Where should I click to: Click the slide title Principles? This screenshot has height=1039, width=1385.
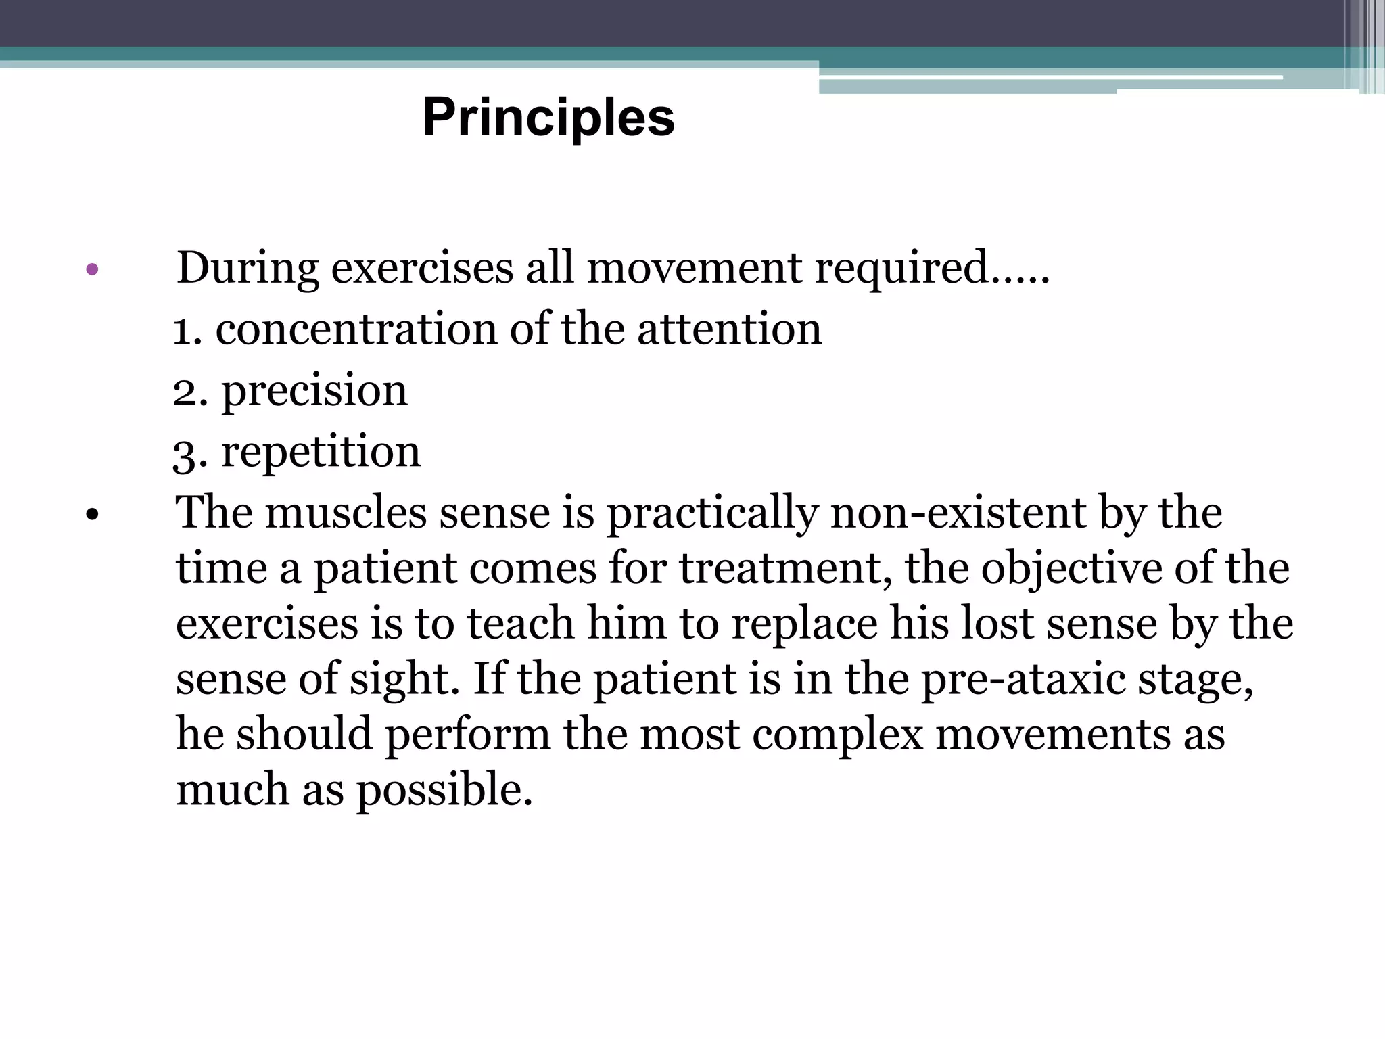[x=548, y=118]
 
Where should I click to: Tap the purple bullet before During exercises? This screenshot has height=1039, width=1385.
[x=93, y=271]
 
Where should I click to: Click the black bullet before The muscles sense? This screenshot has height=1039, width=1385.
[x=93, y=516]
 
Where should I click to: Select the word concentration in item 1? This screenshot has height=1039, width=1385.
[x=356, y=329]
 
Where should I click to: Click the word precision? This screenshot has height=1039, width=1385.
[x=314, y=391]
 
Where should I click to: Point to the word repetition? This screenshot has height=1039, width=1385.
[x=321, y=452]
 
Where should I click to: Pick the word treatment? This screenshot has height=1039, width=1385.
[x=784, y=568]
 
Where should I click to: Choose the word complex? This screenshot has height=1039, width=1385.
[x=837, y=735]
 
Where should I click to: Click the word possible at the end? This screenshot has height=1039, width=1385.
[x=444, y=790]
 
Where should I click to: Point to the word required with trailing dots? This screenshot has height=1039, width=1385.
[x=931, y=269]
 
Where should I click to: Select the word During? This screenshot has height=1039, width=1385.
[x=248, y=269]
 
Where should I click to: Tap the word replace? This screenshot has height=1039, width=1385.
[x=804, y=624]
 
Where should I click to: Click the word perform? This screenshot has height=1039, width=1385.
[x=467, y=735]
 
